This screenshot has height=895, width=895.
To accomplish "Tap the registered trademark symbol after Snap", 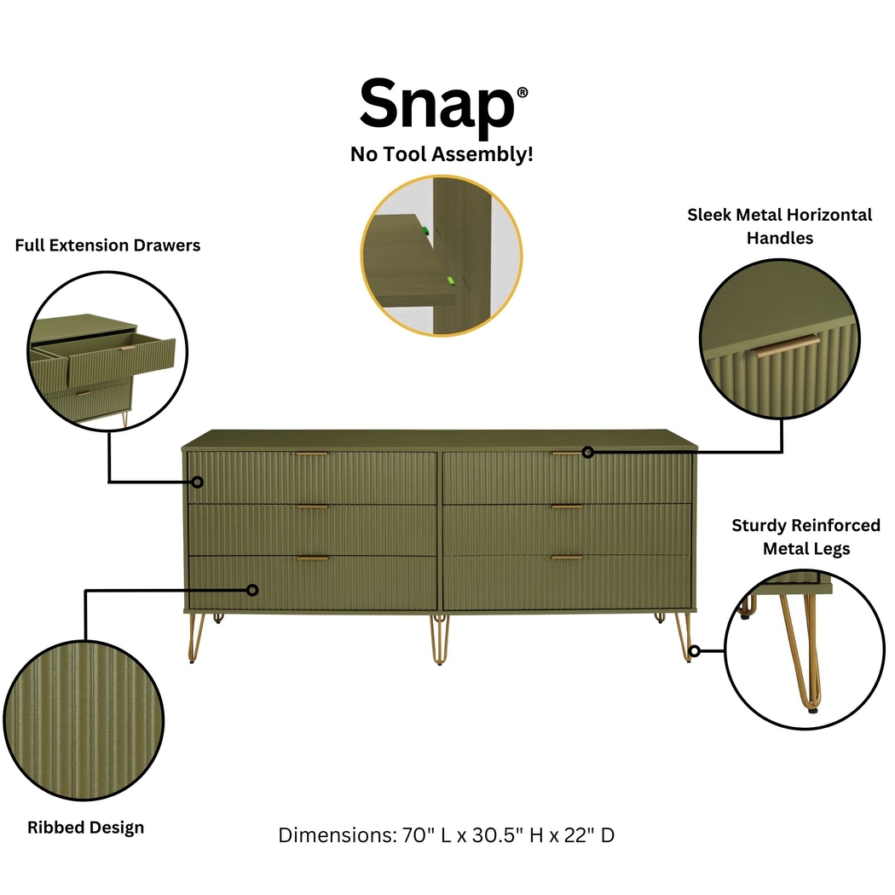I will tap(522, 92).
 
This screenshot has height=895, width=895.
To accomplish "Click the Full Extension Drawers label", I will tap(107, 245).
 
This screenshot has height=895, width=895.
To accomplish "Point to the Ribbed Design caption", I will tap(85, 827).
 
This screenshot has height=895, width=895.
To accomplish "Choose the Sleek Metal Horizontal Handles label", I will tap(780, 226).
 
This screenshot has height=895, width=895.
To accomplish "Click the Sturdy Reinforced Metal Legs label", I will tap(805, 537).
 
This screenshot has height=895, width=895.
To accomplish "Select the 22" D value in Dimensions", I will tap(586, 834).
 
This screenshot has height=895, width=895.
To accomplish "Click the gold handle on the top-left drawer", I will tap(312, 454).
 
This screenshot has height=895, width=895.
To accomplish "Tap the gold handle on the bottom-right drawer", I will tap(567, 557).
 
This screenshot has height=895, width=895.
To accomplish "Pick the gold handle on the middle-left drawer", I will tap(312, 507).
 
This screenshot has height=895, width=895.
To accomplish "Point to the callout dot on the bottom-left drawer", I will tap(252, 589).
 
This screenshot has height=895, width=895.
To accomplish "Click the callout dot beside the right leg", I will tap(695, 651).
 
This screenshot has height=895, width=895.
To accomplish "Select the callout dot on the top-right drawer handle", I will tap(587, 452).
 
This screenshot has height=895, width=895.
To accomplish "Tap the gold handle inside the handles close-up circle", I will tap(785, 346).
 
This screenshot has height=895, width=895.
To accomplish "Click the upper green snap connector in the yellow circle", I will tap(422, 229).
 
